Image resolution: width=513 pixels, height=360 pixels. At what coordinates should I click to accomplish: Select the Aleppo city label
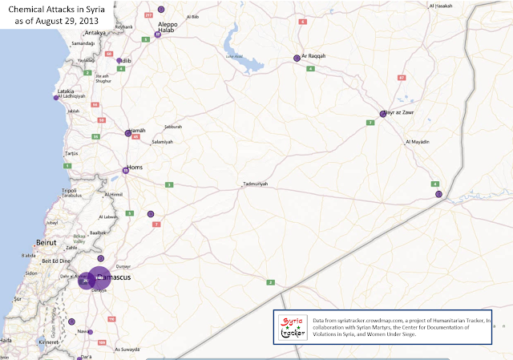point(168,25)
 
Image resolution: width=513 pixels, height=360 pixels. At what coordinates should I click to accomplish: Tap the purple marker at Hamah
point(127,134)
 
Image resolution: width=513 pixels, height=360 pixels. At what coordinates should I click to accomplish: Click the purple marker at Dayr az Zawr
point(384,114)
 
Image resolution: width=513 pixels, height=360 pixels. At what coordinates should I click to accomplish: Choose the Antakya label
point(95,33)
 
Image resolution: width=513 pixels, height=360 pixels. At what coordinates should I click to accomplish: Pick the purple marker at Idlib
point(119,61)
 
